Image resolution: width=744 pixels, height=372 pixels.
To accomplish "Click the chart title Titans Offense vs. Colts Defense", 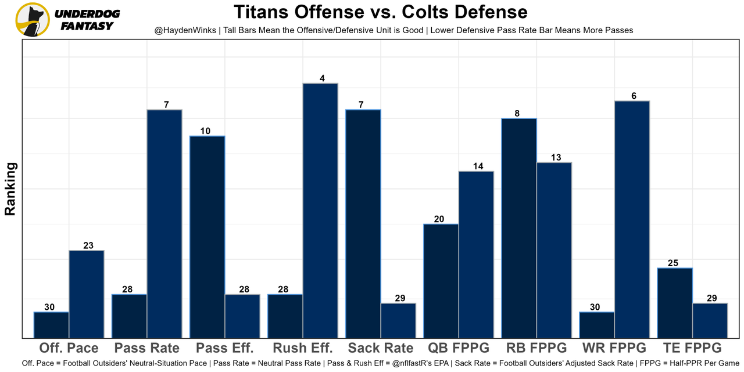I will (x=381, y=12).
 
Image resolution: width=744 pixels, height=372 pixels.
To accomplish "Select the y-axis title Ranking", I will (x=10, y=189).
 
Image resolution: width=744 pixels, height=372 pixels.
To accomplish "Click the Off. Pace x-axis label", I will (x=69, y=348).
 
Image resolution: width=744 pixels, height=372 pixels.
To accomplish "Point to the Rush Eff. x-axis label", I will (x=303, y=348).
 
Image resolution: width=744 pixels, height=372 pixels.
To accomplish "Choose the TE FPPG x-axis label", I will (x=692, y=348).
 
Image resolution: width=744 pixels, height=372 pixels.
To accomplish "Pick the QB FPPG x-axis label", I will (x=459, y=348).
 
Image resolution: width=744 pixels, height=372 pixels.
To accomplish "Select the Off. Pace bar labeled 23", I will (x=87, y=294).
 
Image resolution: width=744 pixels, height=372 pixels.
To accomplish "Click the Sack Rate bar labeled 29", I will (x=398, y=320).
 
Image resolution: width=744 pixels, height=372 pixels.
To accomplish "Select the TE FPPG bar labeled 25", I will (x=675, y=302).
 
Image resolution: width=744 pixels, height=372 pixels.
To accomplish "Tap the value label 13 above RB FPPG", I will (x=556, y=158).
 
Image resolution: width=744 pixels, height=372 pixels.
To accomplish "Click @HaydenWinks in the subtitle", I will (x=182, y=30).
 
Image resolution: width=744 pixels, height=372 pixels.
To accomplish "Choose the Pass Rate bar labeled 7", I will (x=164, y=223).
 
